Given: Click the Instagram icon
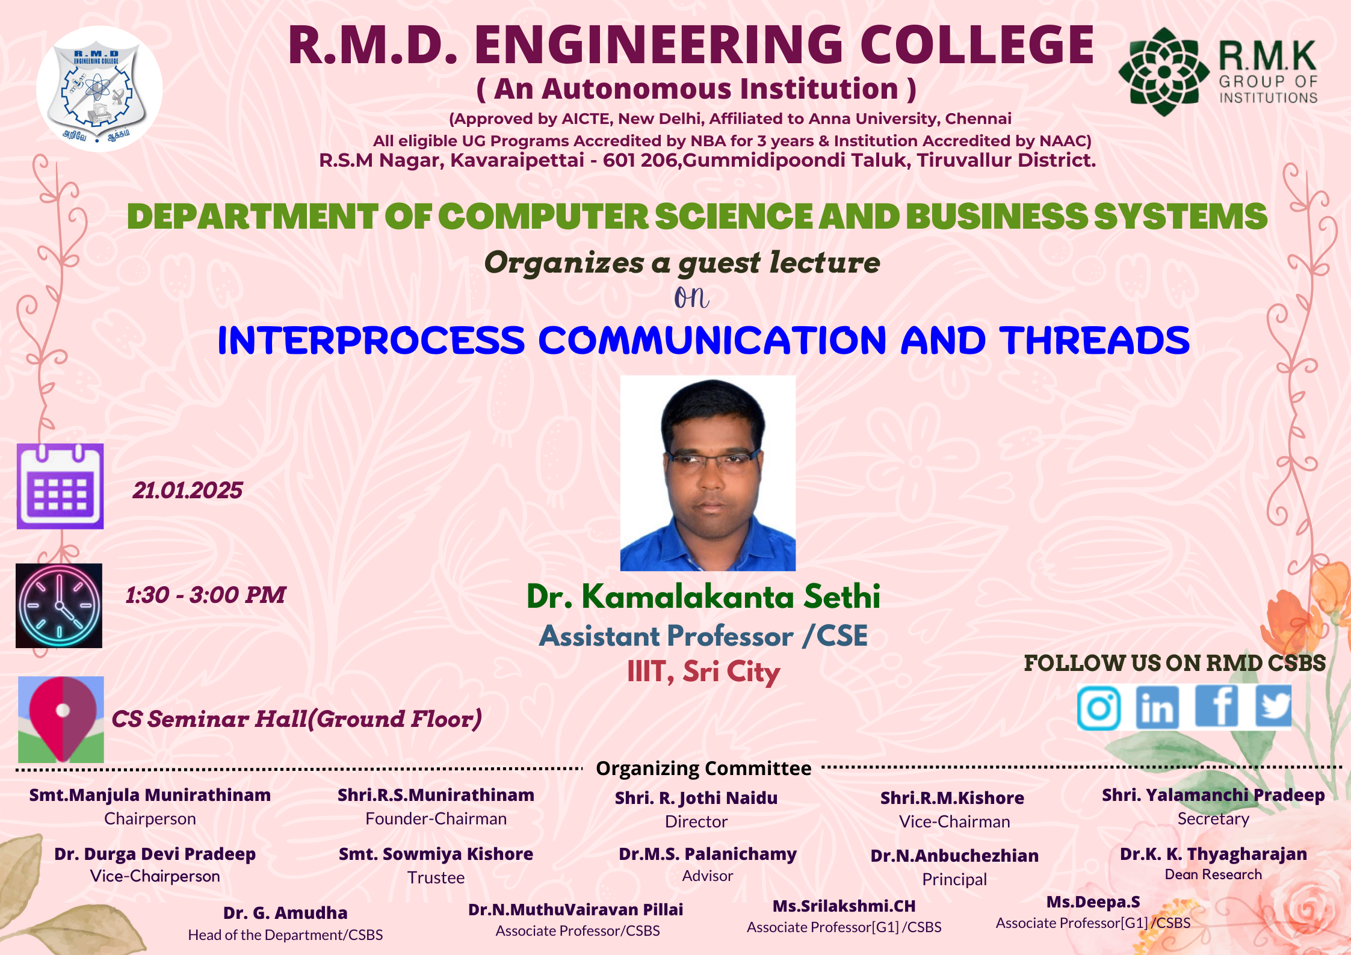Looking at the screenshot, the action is click(1099, 708).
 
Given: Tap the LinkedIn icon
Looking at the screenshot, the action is click(1157, 708).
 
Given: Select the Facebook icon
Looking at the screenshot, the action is click(1216, 706).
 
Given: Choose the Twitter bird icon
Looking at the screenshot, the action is click(1273, 706).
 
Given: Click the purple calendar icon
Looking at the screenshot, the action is click(60, 486).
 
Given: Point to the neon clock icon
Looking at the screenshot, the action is click(59, 605).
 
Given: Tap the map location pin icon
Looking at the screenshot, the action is click(61, 719).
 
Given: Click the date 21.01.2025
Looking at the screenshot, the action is click(188, 490).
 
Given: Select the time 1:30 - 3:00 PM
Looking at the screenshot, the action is click(205, 595).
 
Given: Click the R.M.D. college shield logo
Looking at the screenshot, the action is click(99, 88).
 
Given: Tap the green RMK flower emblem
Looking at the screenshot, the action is click(1164, 72).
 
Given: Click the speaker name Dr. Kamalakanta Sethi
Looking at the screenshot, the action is click(703, 596).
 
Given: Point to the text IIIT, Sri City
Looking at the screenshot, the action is click(703, 672).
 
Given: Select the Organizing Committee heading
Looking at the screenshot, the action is click(703, 768).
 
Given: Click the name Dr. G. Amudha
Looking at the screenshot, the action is click(285, 913).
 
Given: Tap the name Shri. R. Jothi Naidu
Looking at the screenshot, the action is click(696, 798).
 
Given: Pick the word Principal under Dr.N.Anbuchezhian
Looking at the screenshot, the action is click(954, 879).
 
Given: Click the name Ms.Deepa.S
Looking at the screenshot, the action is click(1093, 902).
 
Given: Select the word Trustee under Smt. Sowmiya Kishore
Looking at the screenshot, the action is click(436, 877).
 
